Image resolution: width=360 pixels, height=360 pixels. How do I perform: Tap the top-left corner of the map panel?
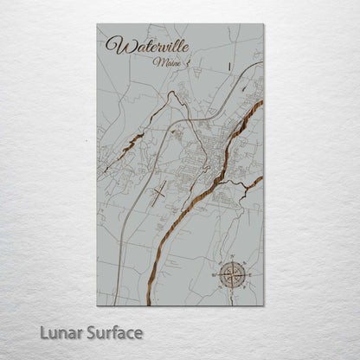[97, 24]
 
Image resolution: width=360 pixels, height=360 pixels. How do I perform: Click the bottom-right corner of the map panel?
[264, 305]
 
